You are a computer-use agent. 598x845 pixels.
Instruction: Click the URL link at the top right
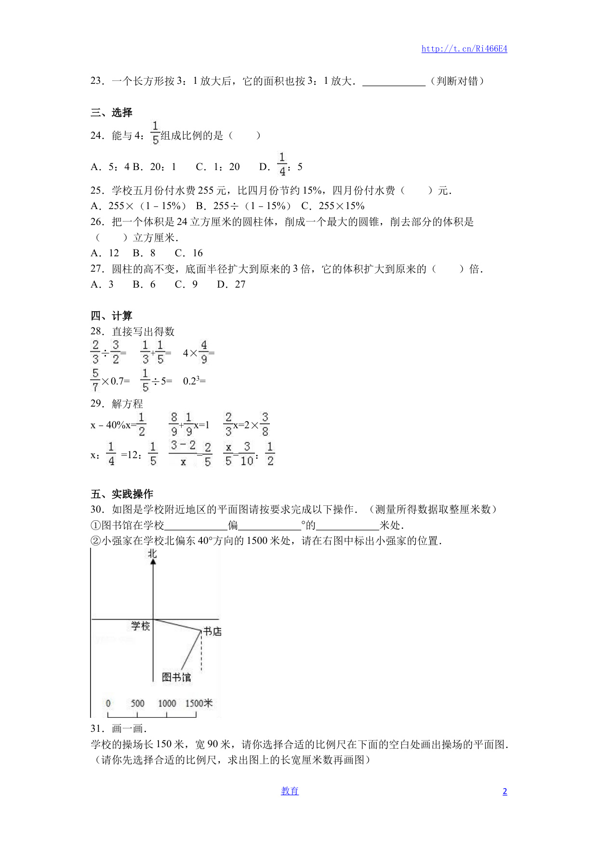coord(464,49)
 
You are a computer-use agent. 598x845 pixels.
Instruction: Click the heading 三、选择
coord(111,113)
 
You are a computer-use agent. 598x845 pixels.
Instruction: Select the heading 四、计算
coord(111,316)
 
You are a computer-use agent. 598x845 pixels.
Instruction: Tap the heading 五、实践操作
coord(122,494)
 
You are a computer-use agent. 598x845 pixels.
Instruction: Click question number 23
coord(97,81)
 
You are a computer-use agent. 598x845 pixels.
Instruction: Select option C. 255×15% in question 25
coord(332,206)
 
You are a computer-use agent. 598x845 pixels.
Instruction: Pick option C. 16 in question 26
coord(189,253)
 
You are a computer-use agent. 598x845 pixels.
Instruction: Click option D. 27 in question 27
coord(231,285)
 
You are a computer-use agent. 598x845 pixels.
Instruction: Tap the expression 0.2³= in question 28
coord(194,381)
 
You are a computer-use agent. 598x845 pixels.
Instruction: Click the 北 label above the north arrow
coord(153,554)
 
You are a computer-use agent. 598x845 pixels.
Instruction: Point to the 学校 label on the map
coord(141,626)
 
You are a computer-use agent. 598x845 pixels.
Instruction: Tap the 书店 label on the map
coord(213,632)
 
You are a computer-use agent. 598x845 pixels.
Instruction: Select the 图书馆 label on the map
coord(176,677)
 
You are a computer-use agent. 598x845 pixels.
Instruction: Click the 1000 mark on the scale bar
coord(167,703)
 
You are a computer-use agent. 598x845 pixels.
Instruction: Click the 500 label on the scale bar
coord(137,703)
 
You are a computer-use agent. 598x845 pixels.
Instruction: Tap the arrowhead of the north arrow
coord(153,562)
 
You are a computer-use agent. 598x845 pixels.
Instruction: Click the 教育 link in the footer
coord(290,791)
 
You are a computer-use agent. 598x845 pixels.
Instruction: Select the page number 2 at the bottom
coord(505,792)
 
